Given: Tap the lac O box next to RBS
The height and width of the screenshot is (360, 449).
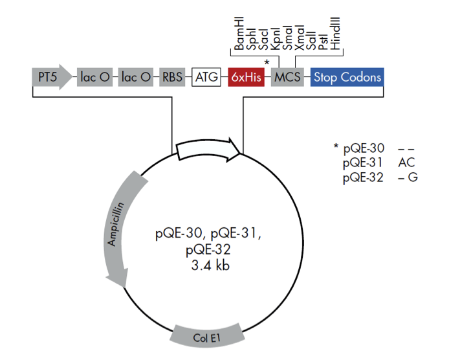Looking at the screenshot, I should [x=137, y=78].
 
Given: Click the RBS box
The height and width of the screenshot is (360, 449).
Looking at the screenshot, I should [x=172, y=78].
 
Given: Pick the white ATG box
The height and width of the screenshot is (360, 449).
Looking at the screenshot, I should [x=207, y=78].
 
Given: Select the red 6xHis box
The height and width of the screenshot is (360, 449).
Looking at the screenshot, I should [x=246, y=78].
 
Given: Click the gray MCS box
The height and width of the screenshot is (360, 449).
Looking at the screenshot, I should [x=285, y=78].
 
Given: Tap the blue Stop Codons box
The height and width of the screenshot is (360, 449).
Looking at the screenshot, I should [x=347, y=78].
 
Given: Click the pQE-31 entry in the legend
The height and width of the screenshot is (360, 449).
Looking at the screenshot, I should [x=364, y=162].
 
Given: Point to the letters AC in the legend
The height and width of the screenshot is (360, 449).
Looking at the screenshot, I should [x=406, y=162].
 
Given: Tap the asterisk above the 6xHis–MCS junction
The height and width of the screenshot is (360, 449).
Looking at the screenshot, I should [x=267, y=60].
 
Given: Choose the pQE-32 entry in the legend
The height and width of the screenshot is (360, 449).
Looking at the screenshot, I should [x=364, y=176].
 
